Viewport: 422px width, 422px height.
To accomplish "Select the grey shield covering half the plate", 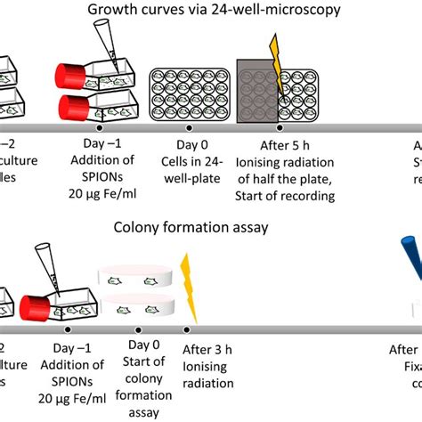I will pyautogui.click(x=258, y=92).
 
